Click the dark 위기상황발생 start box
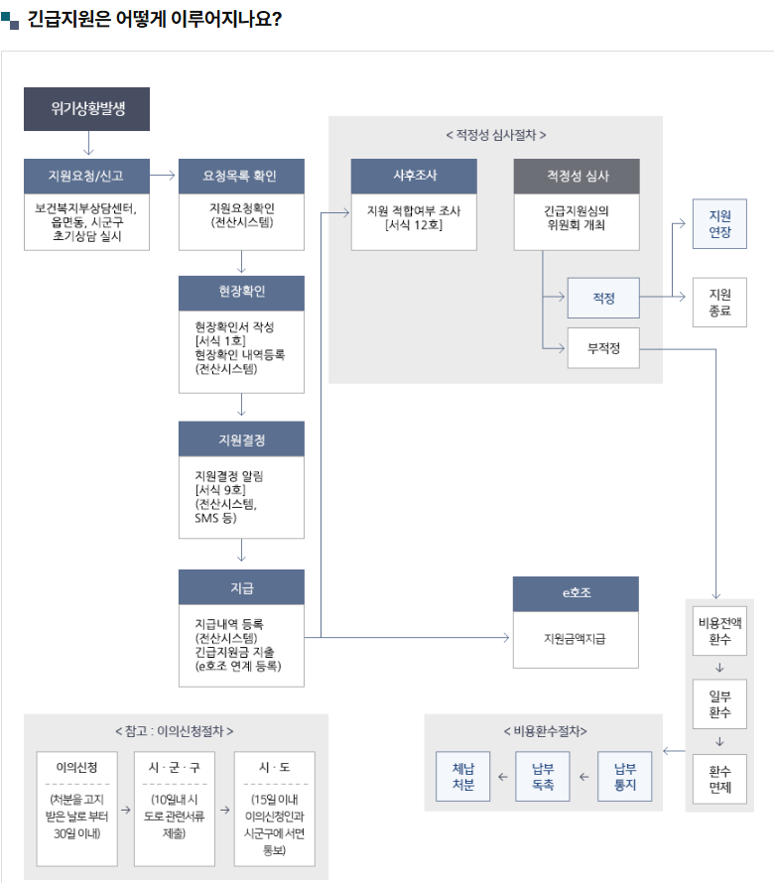87,109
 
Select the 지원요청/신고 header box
87,176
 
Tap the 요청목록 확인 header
241,176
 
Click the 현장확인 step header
241,293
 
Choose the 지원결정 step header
241,440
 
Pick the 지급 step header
241,587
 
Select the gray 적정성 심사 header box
577,176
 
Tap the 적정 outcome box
603,297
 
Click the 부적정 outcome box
603,348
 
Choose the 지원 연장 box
719,222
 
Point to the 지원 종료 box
719,303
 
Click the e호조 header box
576,593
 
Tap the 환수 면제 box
719,779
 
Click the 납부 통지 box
624,776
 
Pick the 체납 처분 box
462,776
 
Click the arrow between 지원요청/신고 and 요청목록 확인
164,176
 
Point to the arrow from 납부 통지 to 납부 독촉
583,777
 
